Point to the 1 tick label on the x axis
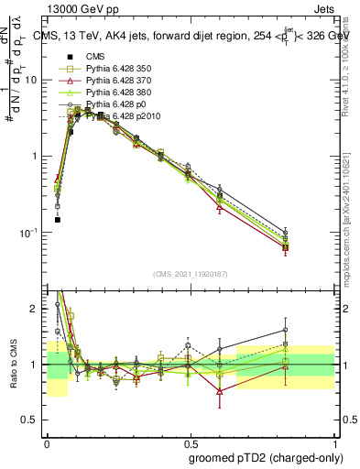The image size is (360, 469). click(x=333, y=442)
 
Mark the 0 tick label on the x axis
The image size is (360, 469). click(x=47, y=442)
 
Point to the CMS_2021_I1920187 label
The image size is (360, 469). click(x=190, y=273)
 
